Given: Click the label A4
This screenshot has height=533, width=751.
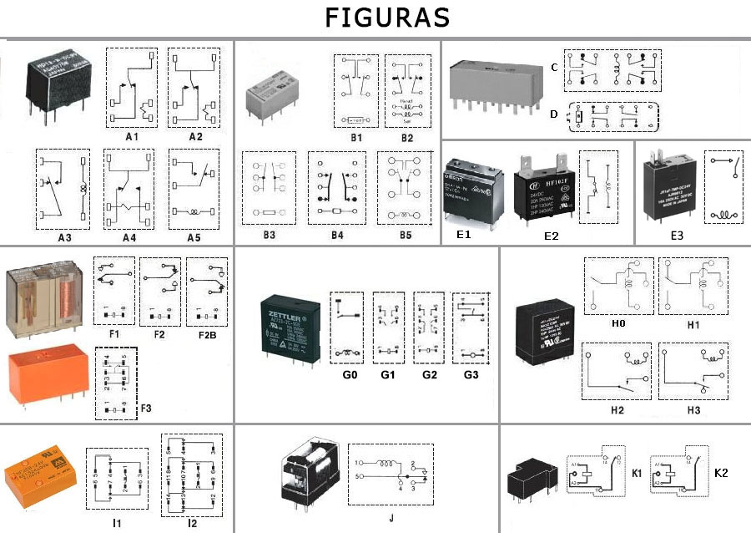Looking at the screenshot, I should tap(129, 237).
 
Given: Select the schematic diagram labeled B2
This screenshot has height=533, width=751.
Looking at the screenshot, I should tap(408, 90).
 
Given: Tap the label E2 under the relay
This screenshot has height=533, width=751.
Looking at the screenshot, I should tap(551, 236).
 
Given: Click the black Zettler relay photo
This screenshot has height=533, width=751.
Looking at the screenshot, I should tap(289, 328).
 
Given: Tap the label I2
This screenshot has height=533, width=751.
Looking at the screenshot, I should tap(192, 523).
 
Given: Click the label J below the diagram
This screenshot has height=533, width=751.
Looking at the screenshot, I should tap(391, 518).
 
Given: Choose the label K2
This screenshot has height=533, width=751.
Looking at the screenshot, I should tap(721, 473).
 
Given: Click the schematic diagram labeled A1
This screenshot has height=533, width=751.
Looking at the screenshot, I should tap(132, 87).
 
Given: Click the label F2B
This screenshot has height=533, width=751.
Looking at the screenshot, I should tap(208, 336).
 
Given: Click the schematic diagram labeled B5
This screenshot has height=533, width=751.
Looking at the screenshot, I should tap(405, 187).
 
